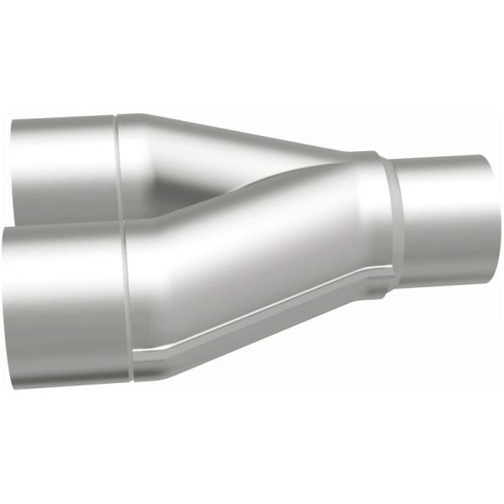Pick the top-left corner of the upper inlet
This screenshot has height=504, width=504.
(13, 122)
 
